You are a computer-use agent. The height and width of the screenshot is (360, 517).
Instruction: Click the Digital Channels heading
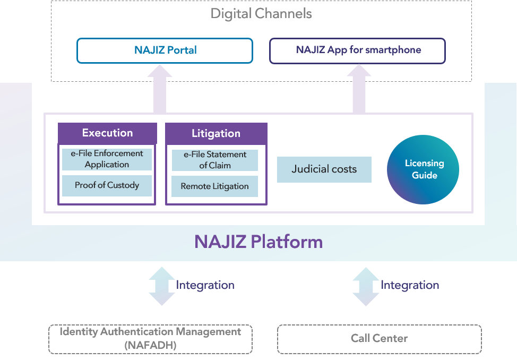tap(261, 13)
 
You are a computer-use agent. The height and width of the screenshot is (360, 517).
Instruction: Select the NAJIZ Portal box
tap(165, 50)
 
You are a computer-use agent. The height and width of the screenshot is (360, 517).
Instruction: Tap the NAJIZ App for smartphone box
tap(358, 50)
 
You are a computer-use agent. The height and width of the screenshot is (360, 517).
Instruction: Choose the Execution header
tap(107, 133)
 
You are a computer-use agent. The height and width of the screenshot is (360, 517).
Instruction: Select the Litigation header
tap(216, 134)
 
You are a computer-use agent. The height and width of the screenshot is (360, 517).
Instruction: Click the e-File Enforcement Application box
tap(107, 159)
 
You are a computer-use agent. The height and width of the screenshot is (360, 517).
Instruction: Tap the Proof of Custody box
tap(107, 185)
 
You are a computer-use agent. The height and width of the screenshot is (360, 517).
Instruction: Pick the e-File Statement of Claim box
tap(215, 160)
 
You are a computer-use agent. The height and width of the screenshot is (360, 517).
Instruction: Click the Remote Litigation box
tap(214, 186)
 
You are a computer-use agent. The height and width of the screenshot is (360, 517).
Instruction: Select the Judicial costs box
tap(324, 169)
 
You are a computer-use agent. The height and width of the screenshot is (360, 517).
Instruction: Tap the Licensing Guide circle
tap(423, 170)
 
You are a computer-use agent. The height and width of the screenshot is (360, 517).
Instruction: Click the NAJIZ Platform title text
tap(258, 242)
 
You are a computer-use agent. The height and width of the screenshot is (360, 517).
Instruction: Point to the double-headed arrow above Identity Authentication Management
tap(162, 286)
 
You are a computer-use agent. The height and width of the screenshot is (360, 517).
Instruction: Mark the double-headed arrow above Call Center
tap(366, 286)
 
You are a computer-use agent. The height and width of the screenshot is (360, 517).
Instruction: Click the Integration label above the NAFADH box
tap(205, 285)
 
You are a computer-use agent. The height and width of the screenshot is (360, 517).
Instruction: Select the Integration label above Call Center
tap(410, 285)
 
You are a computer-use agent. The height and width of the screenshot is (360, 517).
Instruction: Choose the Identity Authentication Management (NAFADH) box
tap(150, 339)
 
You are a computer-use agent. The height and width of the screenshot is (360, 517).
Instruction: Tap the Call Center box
tap(379, 339)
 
